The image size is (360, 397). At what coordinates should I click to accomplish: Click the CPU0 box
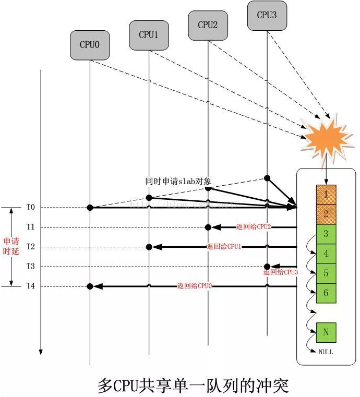click(89, 45)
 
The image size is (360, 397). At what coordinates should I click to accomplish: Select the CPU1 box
click(149, 35)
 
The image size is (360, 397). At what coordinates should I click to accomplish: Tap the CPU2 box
click(208, 25)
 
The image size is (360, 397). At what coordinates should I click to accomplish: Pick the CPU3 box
click(267, 15)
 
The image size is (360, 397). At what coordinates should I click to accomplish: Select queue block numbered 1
click(326, 195)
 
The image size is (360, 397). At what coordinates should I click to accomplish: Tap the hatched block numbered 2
click(326, 214)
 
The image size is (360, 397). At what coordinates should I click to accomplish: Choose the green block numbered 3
click(326, 234)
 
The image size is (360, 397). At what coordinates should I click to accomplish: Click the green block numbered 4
click(326, 254)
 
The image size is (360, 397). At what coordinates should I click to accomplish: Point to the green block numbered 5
click(326, 273)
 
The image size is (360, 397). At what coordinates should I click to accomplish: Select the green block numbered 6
click(326, 293)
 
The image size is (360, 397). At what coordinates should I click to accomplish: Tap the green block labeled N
click(326, 332)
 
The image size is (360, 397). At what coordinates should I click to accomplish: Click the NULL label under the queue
click(326, 352)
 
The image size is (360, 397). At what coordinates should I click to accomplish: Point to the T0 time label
click(31, 208)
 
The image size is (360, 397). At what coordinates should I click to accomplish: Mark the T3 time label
click(31, 267)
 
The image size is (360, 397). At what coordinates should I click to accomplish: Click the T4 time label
click(31, 286)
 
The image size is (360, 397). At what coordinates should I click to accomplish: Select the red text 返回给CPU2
click(253, 226)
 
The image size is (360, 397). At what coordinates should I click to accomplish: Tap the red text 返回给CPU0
click(194, 286)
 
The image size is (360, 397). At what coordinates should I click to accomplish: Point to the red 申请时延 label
click(11, 246)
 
